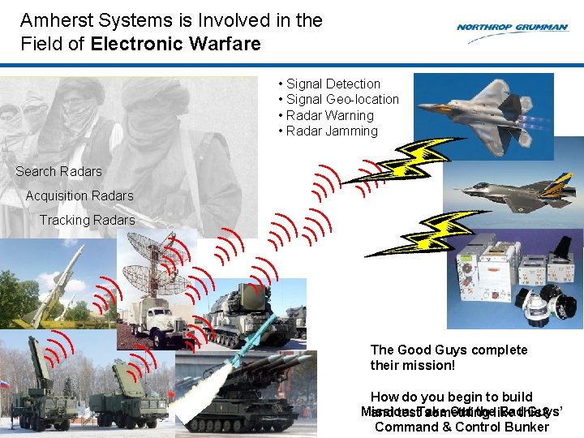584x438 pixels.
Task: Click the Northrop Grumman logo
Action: [x=511, y=28]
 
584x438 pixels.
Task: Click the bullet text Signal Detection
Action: [x=333, y=84]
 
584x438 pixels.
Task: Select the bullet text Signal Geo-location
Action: [x=342, y=100]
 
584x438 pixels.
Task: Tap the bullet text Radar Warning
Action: [x=329, y=115]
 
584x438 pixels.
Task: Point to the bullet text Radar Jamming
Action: [x=332, y=131]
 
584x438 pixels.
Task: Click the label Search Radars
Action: [x=58, y=172]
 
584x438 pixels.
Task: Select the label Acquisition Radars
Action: [x=79, y=196]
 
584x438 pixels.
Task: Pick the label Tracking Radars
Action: [x=87, y=221]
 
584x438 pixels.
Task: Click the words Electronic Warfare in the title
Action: [x=175, y=44]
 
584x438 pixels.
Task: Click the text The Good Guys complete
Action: [x=449, y=350]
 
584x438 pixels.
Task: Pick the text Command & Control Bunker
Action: [x=462, y=427]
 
